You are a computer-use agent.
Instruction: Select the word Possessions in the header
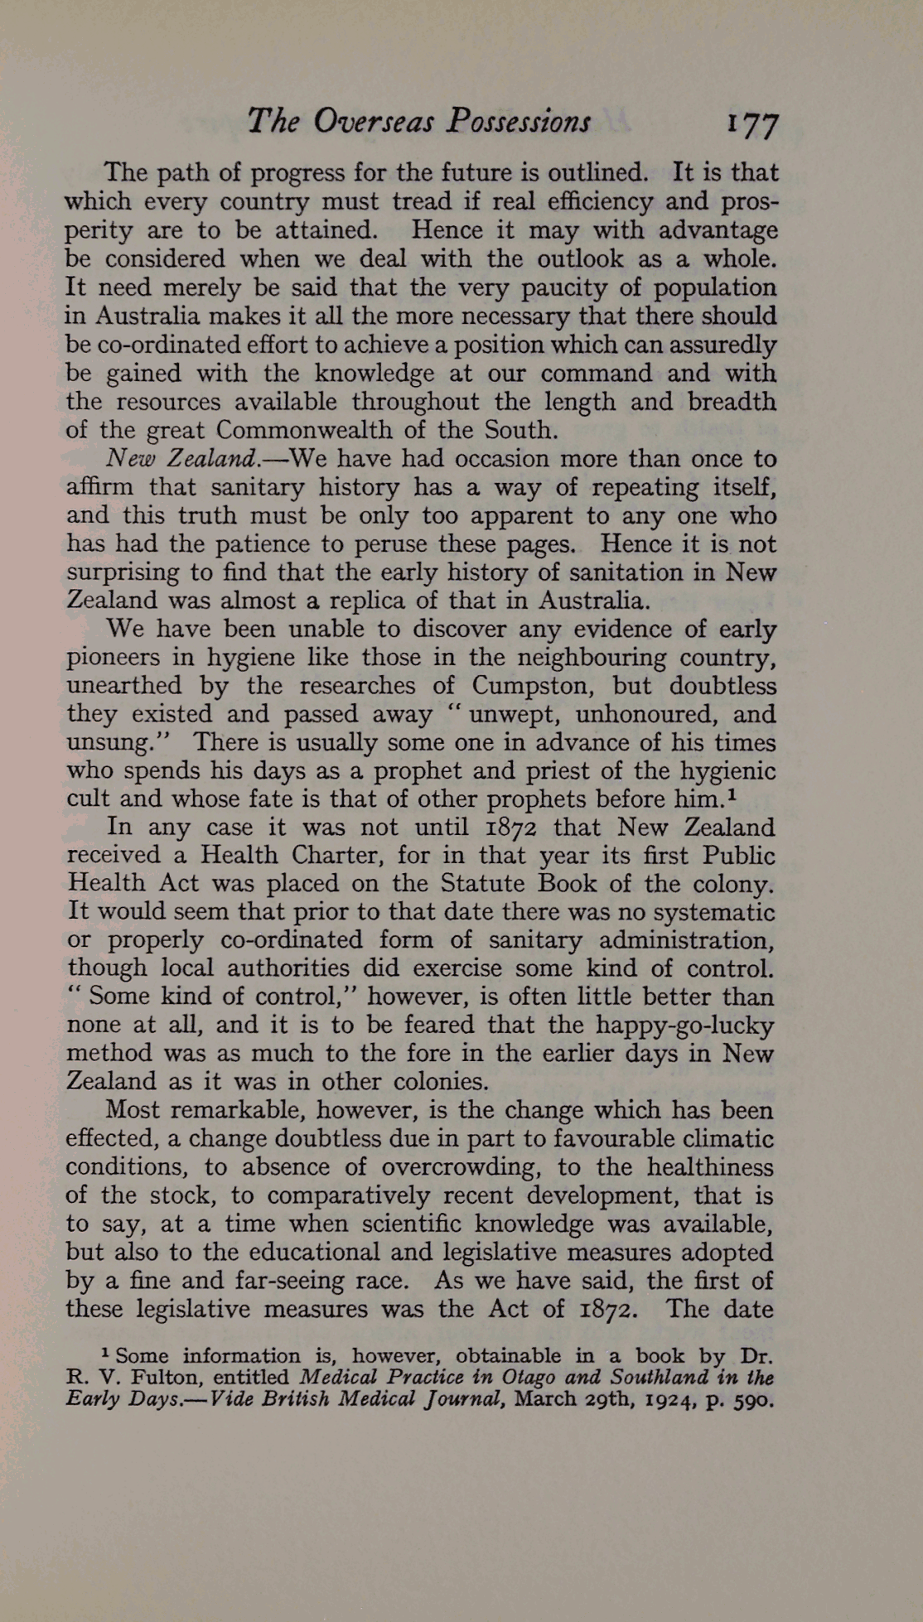[x=518, y=122]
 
